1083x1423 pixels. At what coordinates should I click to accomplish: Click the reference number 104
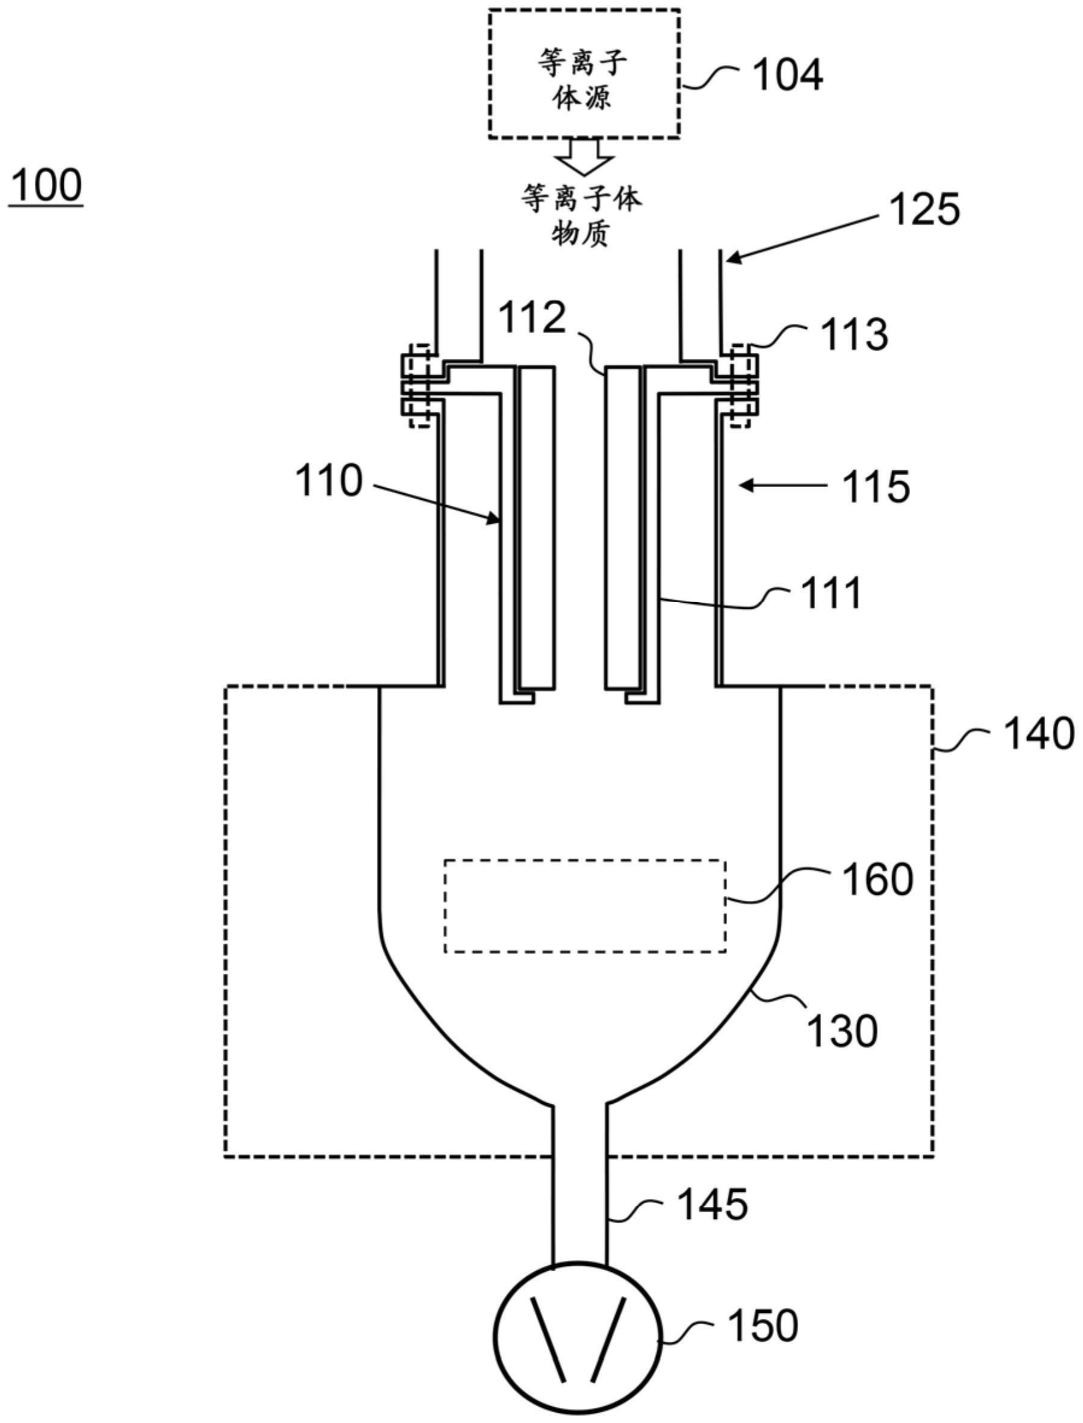(x=789, y=75)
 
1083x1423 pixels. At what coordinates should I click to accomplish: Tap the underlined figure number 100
(x=46, y=185)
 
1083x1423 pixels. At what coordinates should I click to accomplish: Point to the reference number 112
(x=533, y=318)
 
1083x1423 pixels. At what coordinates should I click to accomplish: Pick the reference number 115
(x=876, y=486)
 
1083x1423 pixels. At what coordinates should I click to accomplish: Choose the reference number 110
(x=329, y=481)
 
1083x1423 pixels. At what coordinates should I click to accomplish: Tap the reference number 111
(x=831, y=593)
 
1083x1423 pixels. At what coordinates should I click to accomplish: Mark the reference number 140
(x=1038, y=735)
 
